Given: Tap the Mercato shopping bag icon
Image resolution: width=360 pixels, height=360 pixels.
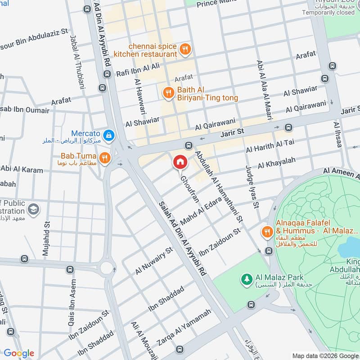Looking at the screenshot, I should click(108, 135).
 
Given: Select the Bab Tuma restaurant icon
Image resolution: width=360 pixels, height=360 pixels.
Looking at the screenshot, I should click(105, 157).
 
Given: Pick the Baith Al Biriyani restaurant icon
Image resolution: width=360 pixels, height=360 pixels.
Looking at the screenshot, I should click(168, 93).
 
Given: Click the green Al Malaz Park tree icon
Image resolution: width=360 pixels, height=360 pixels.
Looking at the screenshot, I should click(246, 279).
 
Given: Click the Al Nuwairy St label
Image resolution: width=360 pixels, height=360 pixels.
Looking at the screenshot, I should click(154, 261).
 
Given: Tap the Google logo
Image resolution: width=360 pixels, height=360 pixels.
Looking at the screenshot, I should click(19, 353).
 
